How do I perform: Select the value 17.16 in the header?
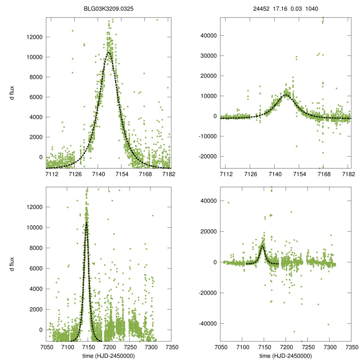coord(279,9)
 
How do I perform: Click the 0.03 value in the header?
coord(295,9)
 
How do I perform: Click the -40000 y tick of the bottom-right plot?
coord(207,323)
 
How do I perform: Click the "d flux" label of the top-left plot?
coord(12,93)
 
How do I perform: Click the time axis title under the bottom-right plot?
coord(285,355)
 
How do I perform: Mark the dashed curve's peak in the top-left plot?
coord(109,52)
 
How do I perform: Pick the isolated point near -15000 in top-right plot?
coord(296,146)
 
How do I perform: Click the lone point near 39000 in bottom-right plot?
coord(229,202)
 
